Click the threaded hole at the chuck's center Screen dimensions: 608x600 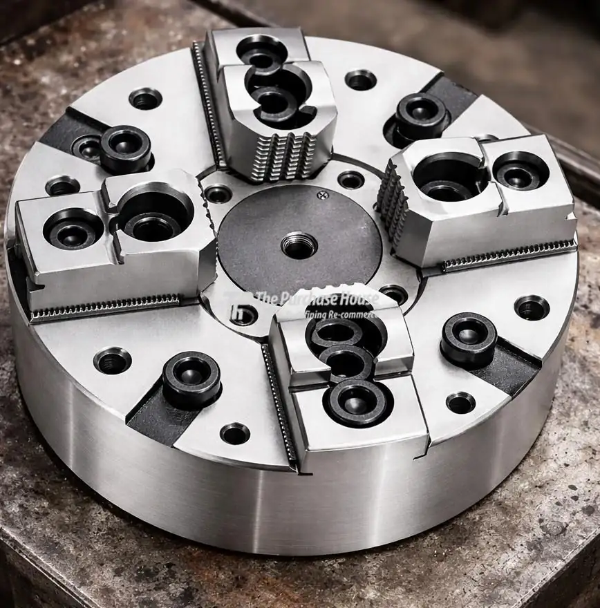(299, 245)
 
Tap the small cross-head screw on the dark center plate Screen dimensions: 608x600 (321, 196)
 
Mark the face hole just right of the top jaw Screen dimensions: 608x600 (360, 79)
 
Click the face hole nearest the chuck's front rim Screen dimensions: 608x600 (235, 433)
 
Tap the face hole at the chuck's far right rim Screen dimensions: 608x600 (532, 307)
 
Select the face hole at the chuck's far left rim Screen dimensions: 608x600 (62, 185)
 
